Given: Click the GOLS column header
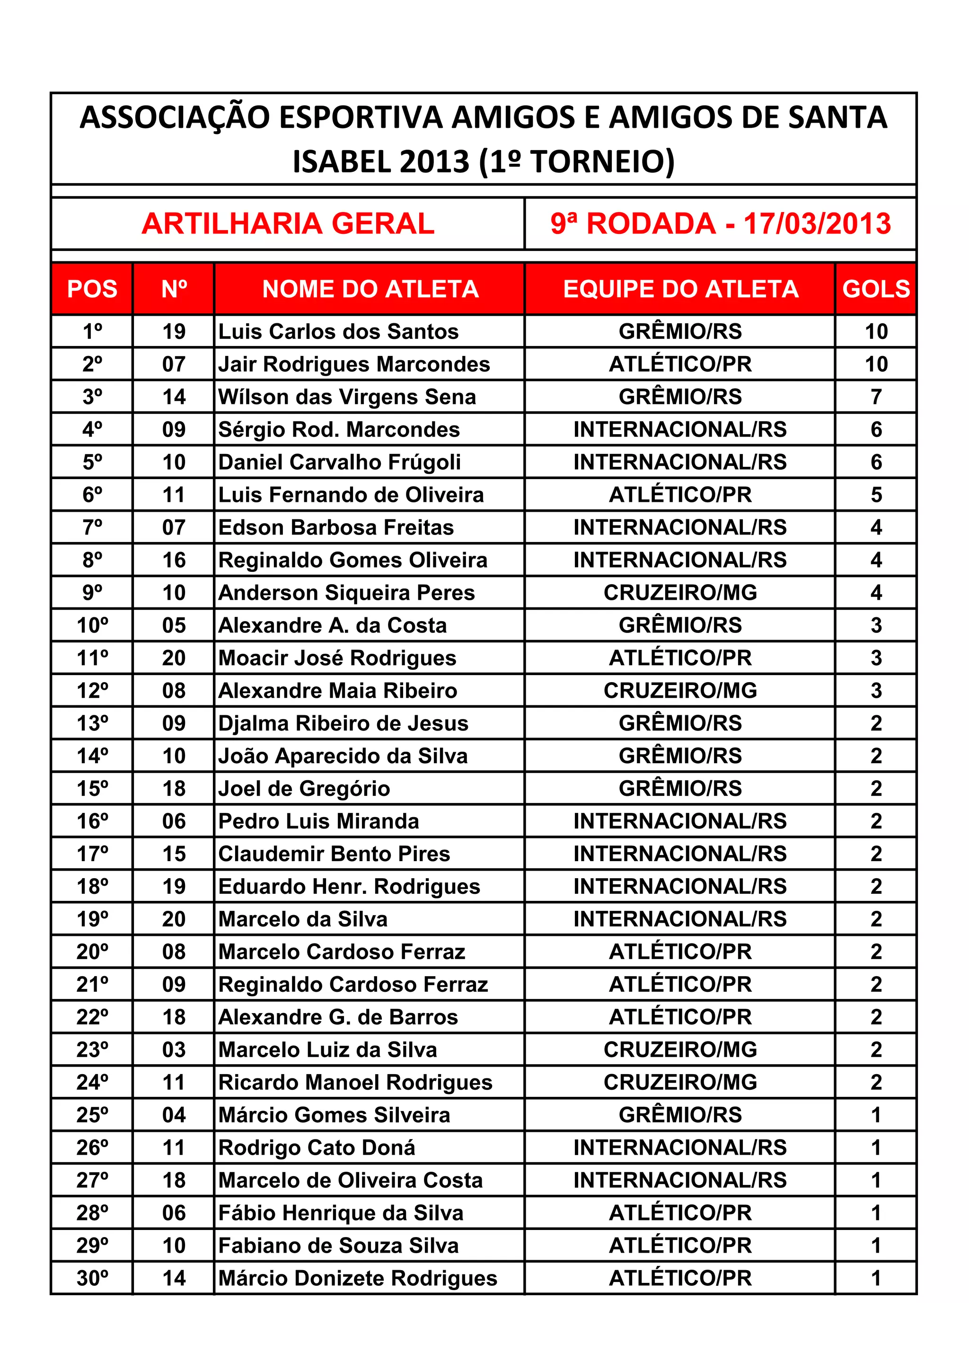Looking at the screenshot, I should click(875, 289).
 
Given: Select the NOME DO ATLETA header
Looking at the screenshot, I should click(370, 289).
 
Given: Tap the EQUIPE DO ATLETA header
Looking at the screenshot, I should click(680, 289).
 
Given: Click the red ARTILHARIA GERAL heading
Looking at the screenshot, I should click(288, 224).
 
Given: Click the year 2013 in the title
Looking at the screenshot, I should click(434, 161).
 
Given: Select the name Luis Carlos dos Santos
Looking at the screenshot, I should click(338, 331).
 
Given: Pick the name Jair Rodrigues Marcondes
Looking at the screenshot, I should click(354, 364).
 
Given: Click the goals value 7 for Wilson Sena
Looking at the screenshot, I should click(875, 397).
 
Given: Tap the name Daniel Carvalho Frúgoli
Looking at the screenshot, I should click(340, 462).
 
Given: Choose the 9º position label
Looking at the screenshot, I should click(92, 593).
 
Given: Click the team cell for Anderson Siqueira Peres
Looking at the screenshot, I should click(680, 593).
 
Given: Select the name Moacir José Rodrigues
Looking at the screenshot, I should click(337, 658).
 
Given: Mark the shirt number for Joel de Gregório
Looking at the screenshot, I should click(174, 789).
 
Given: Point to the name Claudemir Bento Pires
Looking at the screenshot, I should click(334, 854).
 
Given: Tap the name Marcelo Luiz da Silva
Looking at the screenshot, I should click(327, 1050).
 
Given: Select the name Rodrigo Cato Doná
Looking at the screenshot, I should click(317, 1148).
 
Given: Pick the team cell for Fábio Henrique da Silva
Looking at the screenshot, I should click(680, 1213).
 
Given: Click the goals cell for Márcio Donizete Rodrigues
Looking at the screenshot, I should click(875, 1278).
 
